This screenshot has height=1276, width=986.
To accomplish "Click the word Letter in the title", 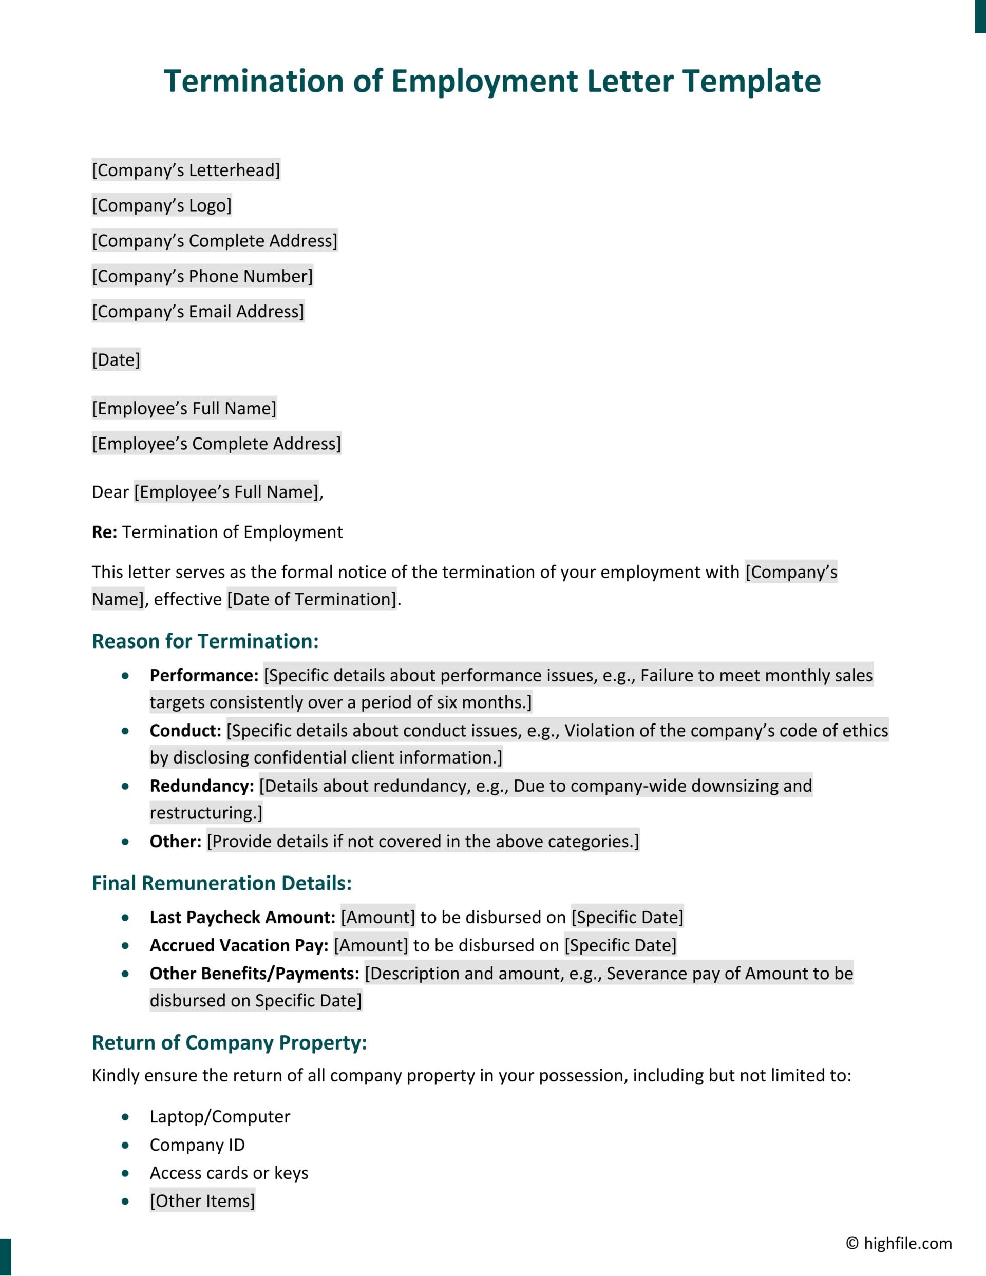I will [x=630, y=81].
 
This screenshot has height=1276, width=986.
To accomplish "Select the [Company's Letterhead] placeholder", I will [x=186, y=170].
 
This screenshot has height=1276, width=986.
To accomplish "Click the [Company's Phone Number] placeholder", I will [x=202, y=276].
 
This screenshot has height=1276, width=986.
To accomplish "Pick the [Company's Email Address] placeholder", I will [x=198, y=311].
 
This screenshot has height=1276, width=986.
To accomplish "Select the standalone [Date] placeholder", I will [x=116, y=360].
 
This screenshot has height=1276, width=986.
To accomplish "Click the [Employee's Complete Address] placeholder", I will [x=216, y=444].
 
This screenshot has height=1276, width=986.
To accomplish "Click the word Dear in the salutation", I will [x=110, y=492].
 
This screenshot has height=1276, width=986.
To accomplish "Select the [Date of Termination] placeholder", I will [x=312, y=599].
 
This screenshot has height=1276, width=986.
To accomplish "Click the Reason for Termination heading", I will [x=205, y=641].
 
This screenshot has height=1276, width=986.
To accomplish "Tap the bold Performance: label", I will [x=204, y=675].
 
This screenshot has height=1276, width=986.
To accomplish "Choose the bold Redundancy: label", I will [x=202, y=786].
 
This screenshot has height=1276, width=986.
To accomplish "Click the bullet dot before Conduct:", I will [x=125, y=731].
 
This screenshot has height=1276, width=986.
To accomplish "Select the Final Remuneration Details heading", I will [x=221, y=883].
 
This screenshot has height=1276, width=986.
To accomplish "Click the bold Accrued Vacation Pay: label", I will [x=239, y=945].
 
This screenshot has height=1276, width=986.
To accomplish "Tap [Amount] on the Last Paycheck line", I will [x=377, y=917].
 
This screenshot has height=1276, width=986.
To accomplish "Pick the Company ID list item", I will [x=197, y=1145].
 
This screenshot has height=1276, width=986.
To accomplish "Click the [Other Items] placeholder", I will [x=202, y=1201].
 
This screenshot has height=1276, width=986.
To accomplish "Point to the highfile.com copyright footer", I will [x=898, y=1243].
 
